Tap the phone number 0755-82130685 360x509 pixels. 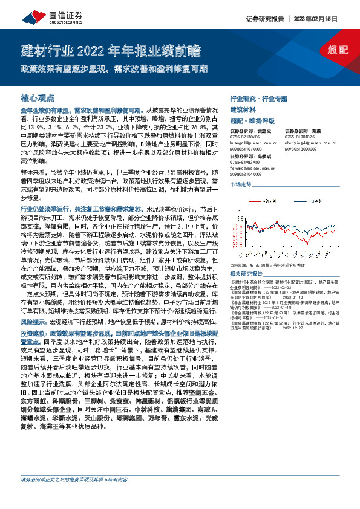coord(244,137)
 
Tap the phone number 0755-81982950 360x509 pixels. coord(244,163)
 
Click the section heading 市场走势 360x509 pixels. coord(241,184)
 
